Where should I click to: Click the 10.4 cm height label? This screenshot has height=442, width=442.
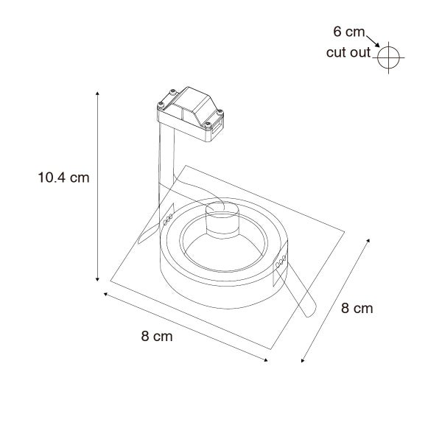[63, 178]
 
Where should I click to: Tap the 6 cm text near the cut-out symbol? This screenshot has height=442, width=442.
[349, 32]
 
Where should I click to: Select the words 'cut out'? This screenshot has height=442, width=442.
[348, 53]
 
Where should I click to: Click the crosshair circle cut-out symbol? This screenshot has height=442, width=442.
[388, 57]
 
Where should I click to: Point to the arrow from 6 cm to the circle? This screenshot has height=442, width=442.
[373, 41]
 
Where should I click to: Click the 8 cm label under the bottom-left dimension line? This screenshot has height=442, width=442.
[157, 337]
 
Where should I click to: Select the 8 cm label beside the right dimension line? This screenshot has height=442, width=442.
[357, 308]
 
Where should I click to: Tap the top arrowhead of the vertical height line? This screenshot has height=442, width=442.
[97, 94]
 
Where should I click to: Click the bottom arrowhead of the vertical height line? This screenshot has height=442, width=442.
[97, 279]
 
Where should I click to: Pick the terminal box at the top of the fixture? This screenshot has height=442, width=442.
[191, 114]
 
